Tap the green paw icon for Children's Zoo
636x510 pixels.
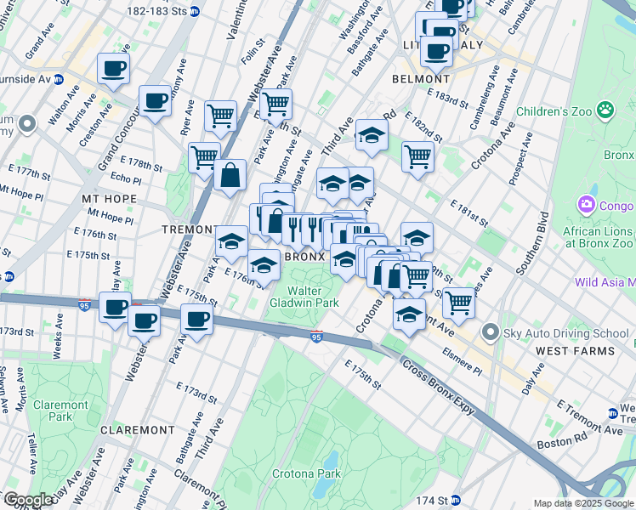point(605,110)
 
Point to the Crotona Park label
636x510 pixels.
point(306,473)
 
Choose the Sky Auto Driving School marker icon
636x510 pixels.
point(489,331)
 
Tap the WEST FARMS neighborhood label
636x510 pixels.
point(575,350)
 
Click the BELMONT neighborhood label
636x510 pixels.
point(414,78)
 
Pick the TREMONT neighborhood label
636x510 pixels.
point(188,229)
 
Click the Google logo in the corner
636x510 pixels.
point(27,500)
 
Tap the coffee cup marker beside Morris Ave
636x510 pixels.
point(112,68)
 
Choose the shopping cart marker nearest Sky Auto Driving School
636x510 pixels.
point(458,301)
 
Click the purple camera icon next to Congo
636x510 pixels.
point(586,205)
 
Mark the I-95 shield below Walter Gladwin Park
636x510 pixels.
point(315,337)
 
